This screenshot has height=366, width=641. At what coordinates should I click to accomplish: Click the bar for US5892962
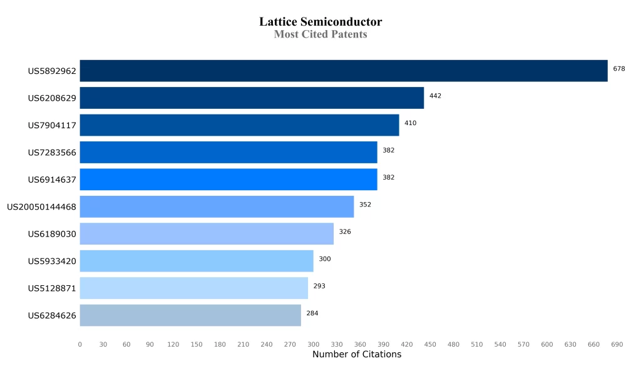coord(343,71)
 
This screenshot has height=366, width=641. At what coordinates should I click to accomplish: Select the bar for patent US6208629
coord(252,98)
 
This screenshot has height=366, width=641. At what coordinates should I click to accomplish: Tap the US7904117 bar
coord(239,125)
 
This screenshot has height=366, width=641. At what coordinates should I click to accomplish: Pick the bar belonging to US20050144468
coord(217,206)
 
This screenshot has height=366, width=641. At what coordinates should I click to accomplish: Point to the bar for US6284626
coord(190,315)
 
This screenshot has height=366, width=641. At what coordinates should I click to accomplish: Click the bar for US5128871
coord(193,288)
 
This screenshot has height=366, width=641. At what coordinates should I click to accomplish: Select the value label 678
coord(618,69)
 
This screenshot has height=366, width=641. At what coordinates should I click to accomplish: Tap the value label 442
coord(435,96)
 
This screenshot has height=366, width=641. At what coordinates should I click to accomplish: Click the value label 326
coord(345,231)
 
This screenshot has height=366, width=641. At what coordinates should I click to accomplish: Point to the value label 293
coord(319,286)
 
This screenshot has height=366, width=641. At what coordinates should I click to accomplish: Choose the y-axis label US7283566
coord(52,153)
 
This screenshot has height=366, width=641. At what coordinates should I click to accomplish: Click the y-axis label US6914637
coord(52,180)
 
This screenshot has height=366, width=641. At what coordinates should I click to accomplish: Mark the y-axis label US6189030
coord(52,234)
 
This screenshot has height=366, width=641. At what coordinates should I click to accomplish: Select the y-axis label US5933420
coord(52,261)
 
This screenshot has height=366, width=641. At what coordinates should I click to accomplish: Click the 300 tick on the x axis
coord(313,344)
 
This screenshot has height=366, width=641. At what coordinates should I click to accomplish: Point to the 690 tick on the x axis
coord(617,344)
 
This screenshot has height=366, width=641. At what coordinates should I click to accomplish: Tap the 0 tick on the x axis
coord(80,344)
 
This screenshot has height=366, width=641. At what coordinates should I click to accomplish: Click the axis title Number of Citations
coord(357,355)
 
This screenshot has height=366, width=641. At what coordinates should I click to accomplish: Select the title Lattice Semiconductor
coord(320,22)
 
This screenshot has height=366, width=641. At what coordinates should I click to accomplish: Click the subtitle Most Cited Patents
coord(320,34)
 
